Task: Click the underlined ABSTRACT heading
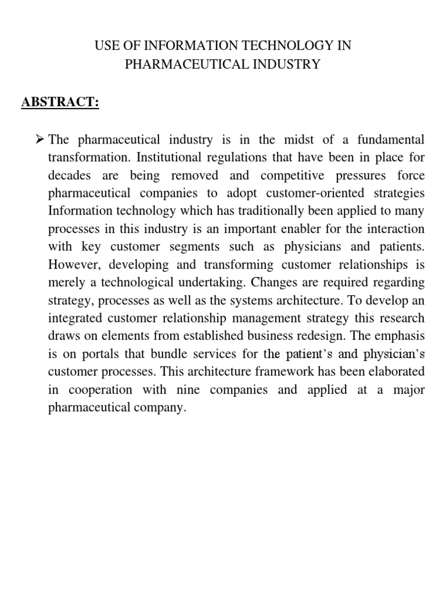tap(60, 102)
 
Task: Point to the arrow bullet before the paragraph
tap(40, 139)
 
